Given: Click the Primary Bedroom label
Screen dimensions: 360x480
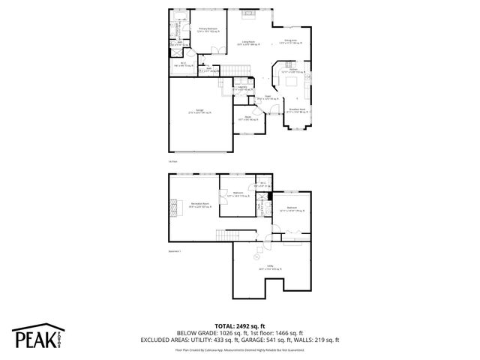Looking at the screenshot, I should click(x=207, y=31).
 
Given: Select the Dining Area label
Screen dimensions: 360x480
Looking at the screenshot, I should click(x=290, y=41).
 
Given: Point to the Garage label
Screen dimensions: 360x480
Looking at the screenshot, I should click(x=199, y=111).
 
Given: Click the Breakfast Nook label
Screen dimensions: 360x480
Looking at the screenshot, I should click(x=298, y=109).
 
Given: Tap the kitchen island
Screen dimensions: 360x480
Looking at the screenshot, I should click(x=292, y=80).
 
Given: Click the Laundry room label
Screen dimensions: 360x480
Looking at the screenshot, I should click(x=242, y=88).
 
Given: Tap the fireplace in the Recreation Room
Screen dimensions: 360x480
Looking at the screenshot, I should click(x=177, y=205).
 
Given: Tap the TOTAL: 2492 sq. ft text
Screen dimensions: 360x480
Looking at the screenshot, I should click(x=239, y=325).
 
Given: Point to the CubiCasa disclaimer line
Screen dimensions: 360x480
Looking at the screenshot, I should click(x=239, y=349).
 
